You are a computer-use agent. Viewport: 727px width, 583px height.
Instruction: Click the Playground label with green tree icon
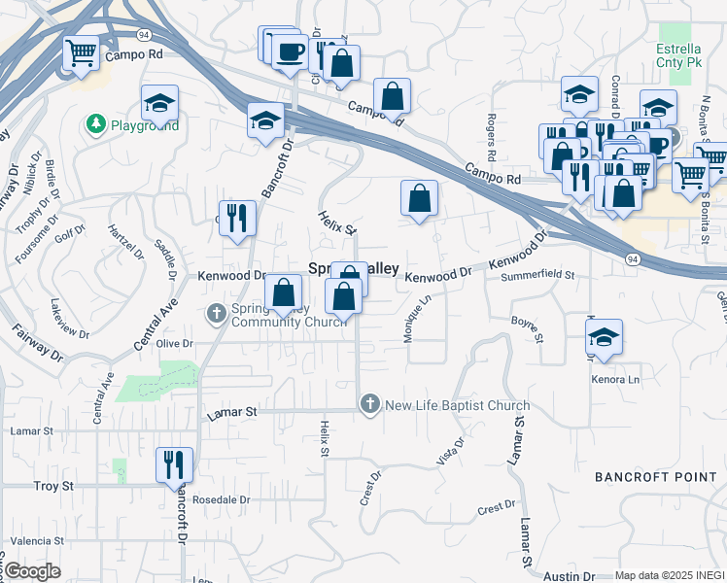(x=133, y=125)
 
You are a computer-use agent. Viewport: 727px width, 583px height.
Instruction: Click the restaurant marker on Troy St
(x=175, y=465)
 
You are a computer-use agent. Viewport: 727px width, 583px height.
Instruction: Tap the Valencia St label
(x=37, y=540)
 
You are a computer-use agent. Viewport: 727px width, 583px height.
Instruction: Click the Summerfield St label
(x=538, y=277)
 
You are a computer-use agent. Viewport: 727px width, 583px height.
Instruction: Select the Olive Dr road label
(x=176, y=344)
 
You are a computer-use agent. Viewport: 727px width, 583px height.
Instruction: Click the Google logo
(x=32, y=571)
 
